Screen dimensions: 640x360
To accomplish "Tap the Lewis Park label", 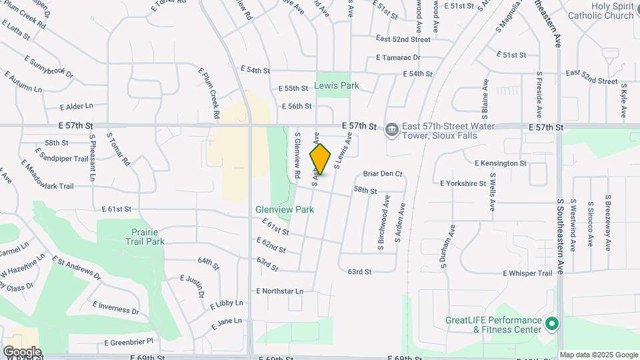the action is coord(337,85).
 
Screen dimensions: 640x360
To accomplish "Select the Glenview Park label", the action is coord(285,209).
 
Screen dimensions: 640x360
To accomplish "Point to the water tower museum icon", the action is coord(392,128).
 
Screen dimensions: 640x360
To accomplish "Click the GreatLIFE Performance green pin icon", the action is coord(551,324).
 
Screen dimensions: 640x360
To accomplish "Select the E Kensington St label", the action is coord(500,163).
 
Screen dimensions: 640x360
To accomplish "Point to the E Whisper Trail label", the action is coord(527,273).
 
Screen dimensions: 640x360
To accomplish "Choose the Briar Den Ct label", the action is coord(383,174).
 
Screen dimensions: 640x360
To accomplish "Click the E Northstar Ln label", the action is coord(279,291).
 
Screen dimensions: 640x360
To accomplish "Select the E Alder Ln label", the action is coord(76,106).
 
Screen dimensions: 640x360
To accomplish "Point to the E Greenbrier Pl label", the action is coord(129,341).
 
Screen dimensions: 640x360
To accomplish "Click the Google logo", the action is coord(22,351).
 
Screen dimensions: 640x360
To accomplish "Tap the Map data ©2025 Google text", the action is coord(598,355).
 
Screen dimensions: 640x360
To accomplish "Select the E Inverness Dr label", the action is coord(115,308).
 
